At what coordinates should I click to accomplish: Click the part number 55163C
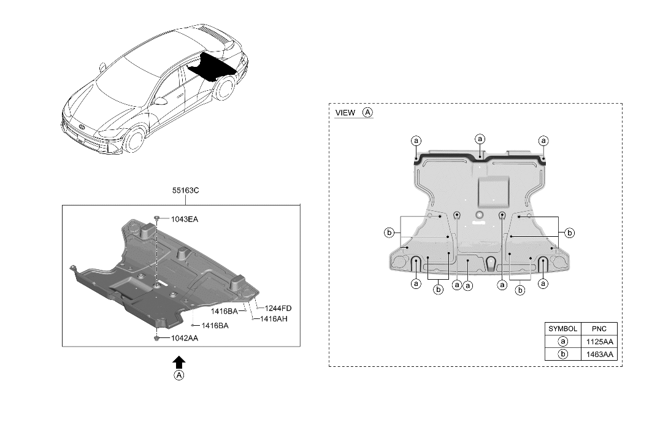185,191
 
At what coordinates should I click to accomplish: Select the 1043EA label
185,219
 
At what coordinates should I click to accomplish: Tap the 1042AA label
185,338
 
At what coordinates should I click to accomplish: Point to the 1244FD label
278,308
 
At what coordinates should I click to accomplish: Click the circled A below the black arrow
179,375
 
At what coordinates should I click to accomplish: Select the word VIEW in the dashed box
345,113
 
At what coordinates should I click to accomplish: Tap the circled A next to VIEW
367,113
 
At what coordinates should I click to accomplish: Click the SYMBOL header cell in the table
562,329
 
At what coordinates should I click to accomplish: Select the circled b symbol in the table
562,355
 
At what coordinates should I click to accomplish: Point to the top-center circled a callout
480,139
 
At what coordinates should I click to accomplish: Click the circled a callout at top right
543,140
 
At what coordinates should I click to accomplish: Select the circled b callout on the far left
389,233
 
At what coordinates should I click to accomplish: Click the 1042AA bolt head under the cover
157,337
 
